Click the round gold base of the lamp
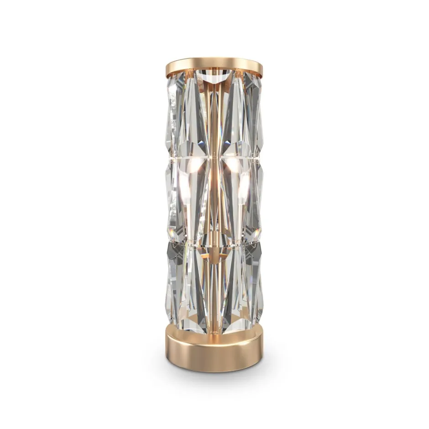click(x=214, y=349)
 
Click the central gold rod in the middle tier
click(x=214, y=201)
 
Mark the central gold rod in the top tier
click(x=214, y=114)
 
